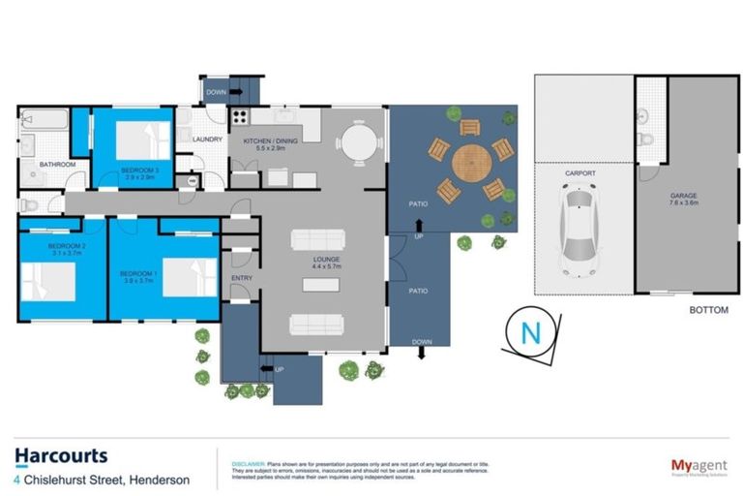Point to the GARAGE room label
(x=684, y=197)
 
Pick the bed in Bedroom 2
(x=48, y=283)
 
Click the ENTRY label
(x=241, y=279)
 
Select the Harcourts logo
(x=61, y=455)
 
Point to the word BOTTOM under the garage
(x=709, y=310)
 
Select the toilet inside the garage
(x=645, y=141)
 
